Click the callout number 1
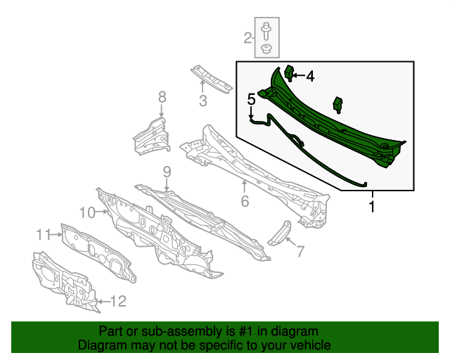[x=372, y=207]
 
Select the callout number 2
[x=248, y=38]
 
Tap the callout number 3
[x=203, y=101]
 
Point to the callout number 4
[x=309, y=77]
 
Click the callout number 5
[x=251, y=98]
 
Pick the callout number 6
[x=245, y=201]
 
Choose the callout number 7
[x=300, y=251]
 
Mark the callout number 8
[x=162, y=96]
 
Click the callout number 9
[x=167, y=172]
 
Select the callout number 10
[x=86, y=212]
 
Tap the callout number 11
[x=44, y=234]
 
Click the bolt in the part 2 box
[x=266, y=31]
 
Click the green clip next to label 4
[x=289, y=72]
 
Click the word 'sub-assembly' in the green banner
[x=161, y=331]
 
